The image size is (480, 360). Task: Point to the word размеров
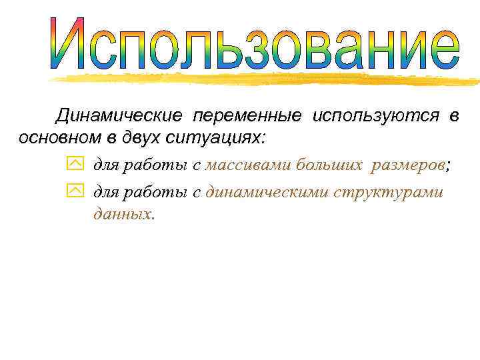click(x=409, y=165)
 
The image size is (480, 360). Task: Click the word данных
click(x=123, y=214)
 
